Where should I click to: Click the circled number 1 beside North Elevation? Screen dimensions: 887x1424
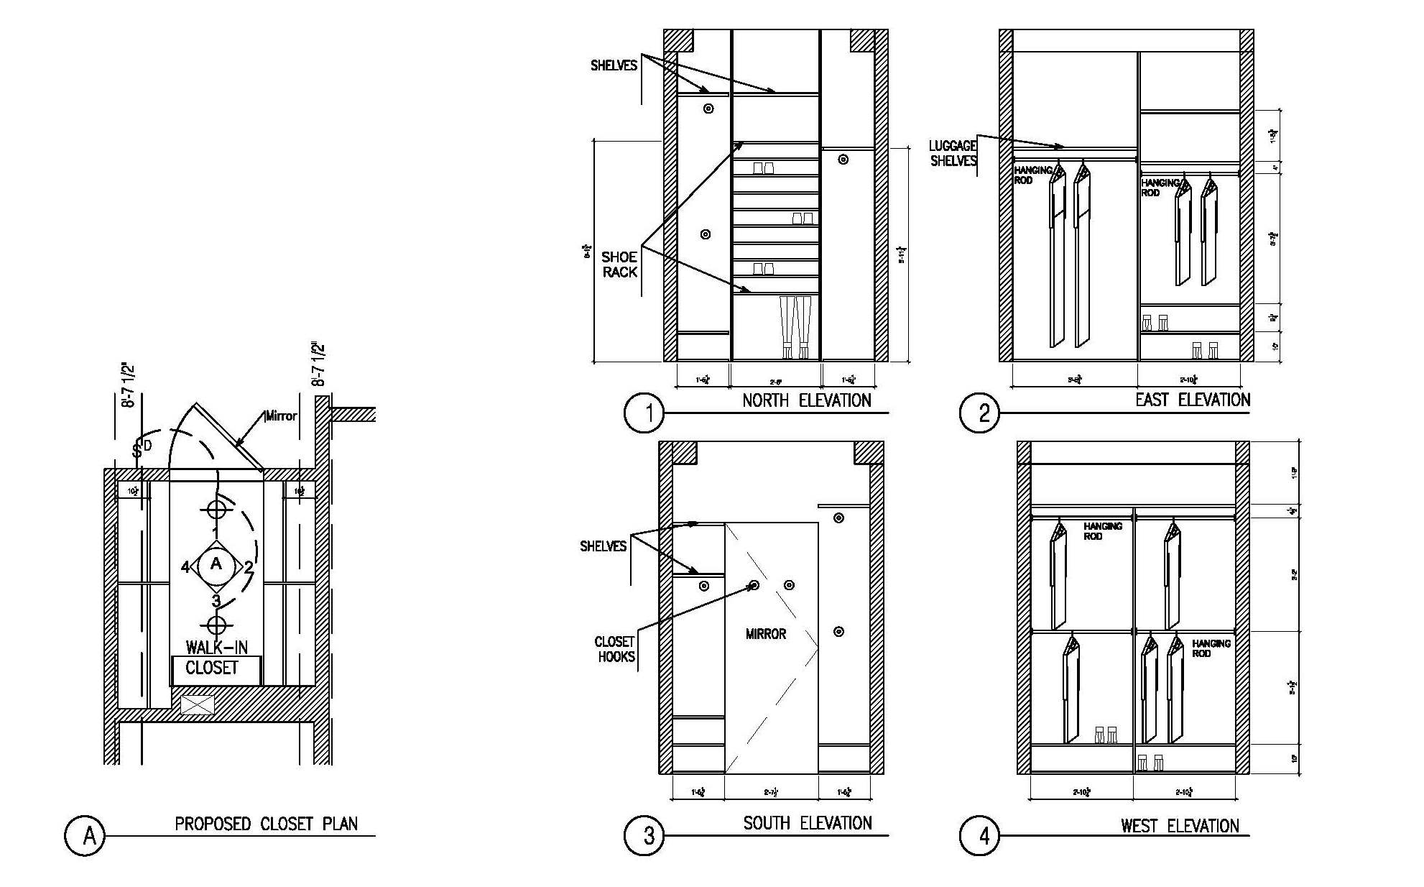click(x=644, y=413)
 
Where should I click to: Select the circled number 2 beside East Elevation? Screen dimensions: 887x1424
click(x=979, y=413)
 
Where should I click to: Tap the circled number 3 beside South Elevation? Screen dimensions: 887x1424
click(x=644, y=835)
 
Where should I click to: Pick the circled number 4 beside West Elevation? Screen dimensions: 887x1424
click(x=979, y=836)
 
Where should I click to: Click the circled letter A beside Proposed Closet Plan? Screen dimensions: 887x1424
click(x=85, y=835)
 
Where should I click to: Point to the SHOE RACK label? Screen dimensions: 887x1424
click(x=619, y=265)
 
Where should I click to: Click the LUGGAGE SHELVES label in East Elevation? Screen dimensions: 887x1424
click(x=953, y=153)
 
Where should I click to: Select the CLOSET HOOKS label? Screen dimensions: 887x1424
click(x=615, y=649)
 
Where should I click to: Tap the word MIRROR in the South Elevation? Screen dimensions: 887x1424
click(x=766, y=634)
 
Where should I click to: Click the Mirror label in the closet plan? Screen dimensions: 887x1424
click(x=281, y=416)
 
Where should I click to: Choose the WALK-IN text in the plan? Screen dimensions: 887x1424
click(x=216, y=647)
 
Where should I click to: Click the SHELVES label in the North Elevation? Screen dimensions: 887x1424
click(x=614, y=65)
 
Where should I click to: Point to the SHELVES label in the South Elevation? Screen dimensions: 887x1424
click(x=603, y=546)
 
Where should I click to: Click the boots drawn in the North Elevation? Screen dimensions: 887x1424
click(x=795, y=327)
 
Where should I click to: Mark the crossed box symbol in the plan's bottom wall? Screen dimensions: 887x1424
click(x=198, y=704)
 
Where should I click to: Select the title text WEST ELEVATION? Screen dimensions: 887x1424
click(x=1180, y=826)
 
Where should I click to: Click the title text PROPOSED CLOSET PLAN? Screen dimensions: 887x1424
click(x=266, y=824)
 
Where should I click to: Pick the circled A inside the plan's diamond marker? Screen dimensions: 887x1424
click(x=216, y=564)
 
